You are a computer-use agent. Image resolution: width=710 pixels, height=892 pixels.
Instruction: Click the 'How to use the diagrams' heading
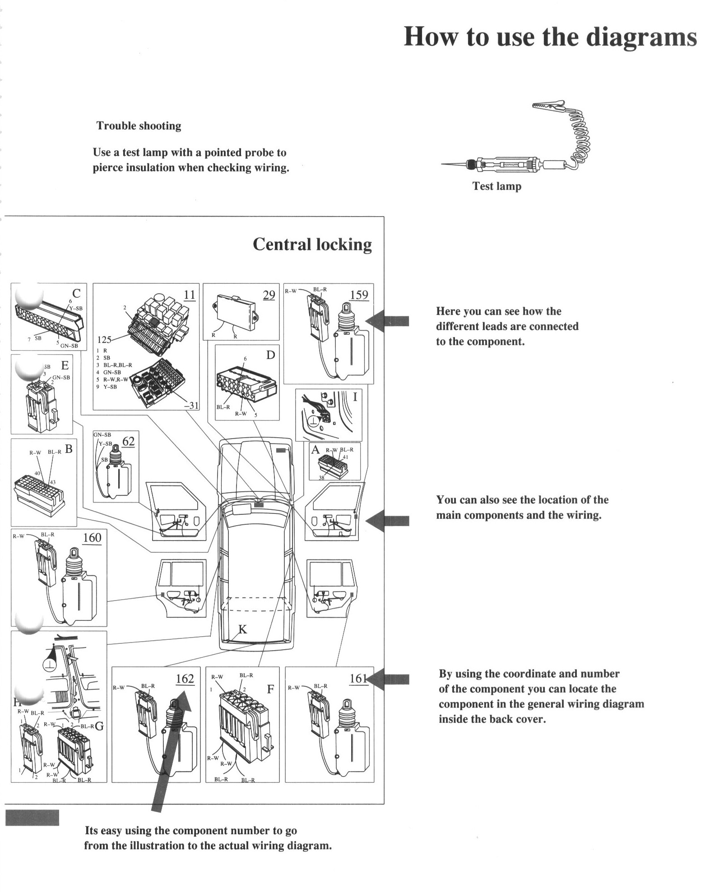pos(550,37)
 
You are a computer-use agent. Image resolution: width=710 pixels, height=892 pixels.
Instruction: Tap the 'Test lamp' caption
pos(497,186)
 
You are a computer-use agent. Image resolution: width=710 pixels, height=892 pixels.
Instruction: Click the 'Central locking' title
pos(312,244)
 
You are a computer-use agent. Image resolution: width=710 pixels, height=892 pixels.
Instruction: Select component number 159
pos(359,295)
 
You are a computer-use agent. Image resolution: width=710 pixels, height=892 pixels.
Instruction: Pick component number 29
pos(269,296)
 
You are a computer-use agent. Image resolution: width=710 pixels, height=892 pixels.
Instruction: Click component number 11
pos(190,295)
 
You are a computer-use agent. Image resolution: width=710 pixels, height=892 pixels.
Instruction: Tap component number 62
pos(128,441)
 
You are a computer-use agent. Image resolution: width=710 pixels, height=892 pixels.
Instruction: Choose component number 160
pos(92,537)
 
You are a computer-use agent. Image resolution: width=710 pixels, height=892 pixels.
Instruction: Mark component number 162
pos(185,679)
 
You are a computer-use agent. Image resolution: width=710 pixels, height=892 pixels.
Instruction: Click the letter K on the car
pos(242,629)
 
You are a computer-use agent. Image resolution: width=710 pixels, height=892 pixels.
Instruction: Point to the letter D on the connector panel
pos(270,355)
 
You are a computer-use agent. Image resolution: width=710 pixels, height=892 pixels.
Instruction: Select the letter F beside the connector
pos(270,689)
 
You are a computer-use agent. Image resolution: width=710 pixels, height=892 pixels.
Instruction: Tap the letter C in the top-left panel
pos(76,293)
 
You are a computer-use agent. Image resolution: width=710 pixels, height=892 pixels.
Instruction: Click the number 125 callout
pos(104,340)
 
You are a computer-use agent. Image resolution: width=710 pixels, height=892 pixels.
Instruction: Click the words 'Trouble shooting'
pos(139,126)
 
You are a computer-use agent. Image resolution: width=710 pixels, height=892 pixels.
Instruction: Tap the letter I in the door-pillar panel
pos(355,397)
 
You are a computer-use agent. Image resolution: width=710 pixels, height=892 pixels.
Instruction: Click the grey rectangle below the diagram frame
pos(32,818)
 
